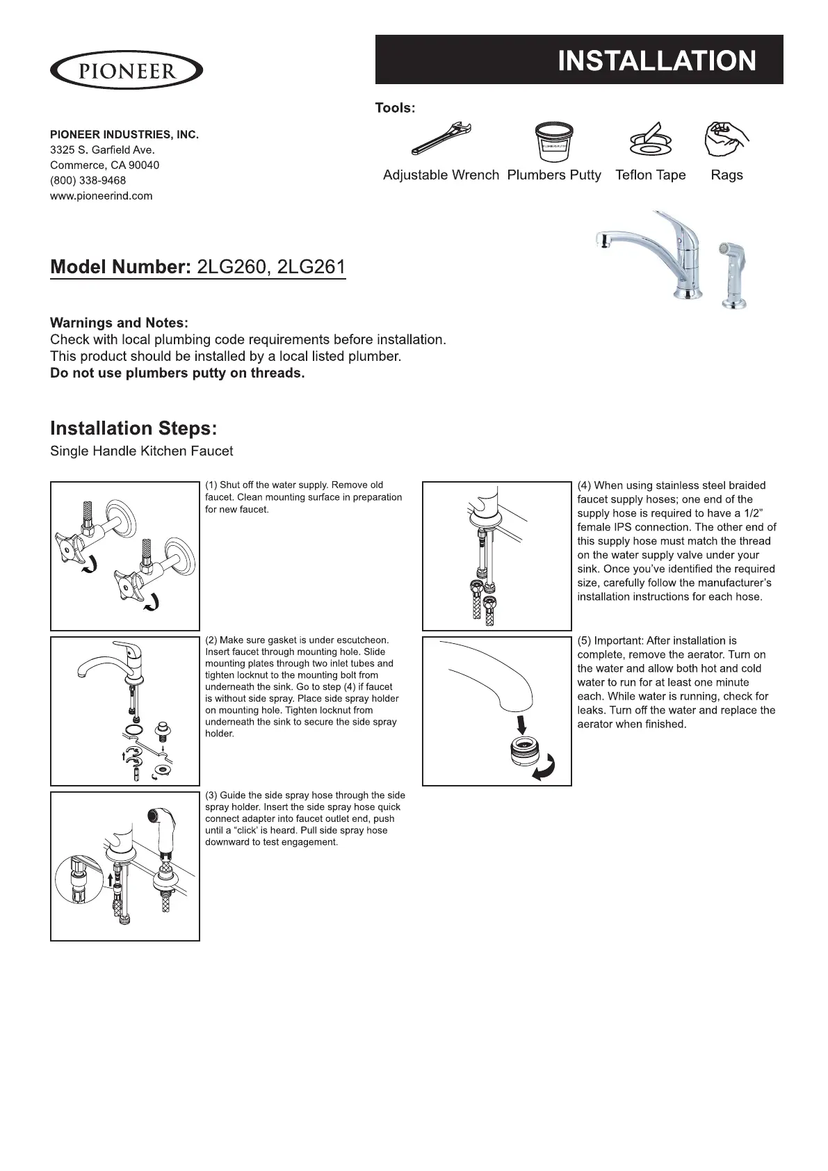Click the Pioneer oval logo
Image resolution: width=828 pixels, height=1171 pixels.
tap(126, 70)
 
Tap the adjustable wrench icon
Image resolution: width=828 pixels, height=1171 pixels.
tap(441, 139)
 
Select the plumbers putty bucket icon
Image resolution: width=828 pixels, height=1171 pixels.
tap(553, 142)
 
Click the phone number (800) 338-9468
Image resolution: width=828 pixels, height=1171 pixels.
tap(88, 180)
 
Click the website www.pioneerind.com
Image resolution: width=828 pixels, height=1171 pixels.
tap(101, 195)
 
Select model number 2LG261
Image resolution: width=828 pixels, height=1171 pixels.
tap(311, 267)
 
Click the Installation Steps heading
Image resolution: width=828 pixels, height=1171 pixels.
tap(133, 428)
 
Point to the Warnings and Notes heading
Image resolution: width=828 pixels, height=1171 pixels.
tap(119, 323)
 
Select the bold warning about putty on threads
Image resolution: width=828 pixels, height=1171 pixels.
tap(177, 373)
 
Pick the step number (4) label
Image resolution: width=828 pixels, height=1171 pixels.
tap(584, 485)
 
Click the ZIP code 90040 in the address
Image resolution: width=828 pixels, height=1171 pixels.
tap(144, 165)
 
